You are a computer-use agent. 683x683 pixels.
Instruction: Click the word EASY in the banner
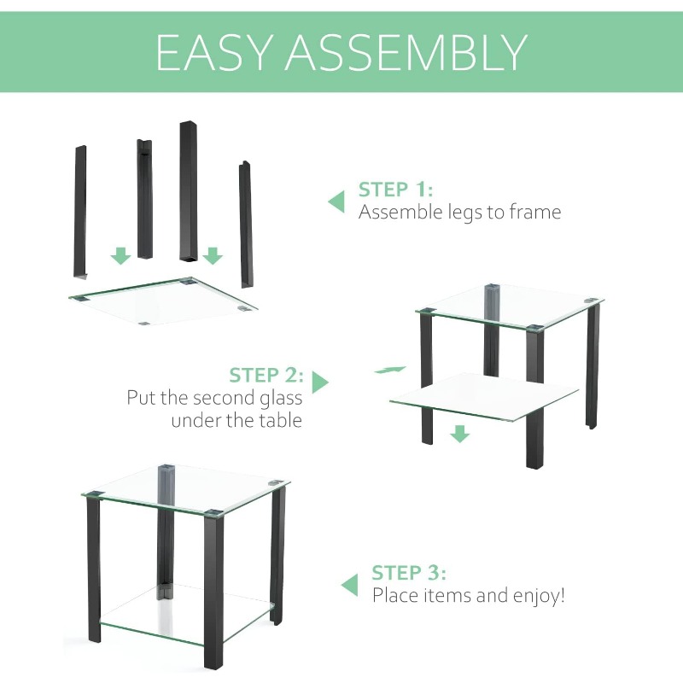(214, 52)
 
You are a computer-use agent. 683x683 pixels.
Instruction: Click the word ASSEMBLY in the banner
(406, 52)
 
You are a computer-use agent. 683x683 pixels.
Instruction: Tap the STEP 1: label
(395, 190)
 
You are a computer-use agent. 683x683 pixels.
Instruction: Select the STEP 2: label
(266, 375)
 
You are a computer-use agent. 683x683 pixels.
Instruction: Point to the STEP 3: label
(409, 573)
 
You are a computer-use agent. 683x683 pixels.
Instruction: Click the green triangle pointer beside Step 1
(336, 201)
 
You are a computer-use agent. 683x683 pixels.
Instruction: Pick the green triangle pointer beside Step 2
(320, 382)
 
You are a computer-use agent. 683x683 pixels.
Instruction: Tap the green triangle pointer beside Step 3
(349, 585)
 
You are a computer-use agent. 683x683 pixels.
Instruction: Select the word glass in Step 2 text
(281, 399)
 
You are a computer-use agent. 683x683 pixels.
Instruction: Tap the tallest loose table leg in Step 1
(188, 192)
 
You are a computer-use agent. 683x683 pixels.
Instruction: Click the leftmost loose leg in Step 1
(79, 212)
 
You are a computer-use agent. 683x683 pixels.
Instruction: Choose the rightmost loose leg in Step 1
(246, 225)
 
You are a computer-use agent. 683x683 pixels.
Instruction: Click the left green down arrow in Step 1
(120, 255)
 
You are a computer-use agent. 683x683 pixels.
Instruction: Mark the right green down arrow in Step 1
(213, 255)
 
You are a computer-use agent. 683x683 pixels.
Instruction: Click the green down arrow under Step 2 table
(460, 434)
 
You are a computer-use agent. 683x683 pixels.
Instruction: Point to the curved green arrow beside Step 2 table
(390, 370)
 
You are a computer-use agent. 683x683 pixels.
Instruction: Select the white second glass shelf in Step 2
(483, 397)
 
